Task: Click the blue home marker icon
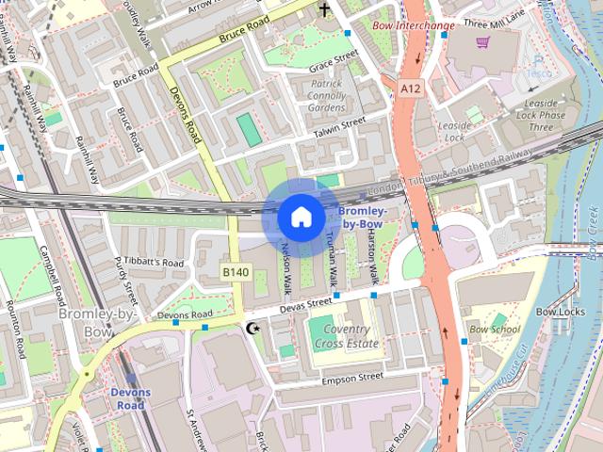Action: click(300, 217)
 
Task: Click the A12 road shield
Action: click(410, 88)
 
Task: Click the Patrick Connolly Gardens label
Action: click(315, 95)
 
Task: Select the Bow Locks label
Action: click(561, 311)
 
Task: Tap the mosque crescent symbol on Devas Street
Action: click(252, 329)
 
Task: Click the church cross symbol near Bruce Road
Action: click(325, 10)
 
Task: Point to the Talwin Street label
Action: click(339, 128)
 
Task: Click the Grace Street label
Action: click(334, 62)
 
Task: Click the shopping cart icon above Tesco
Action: click(483, 42)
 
